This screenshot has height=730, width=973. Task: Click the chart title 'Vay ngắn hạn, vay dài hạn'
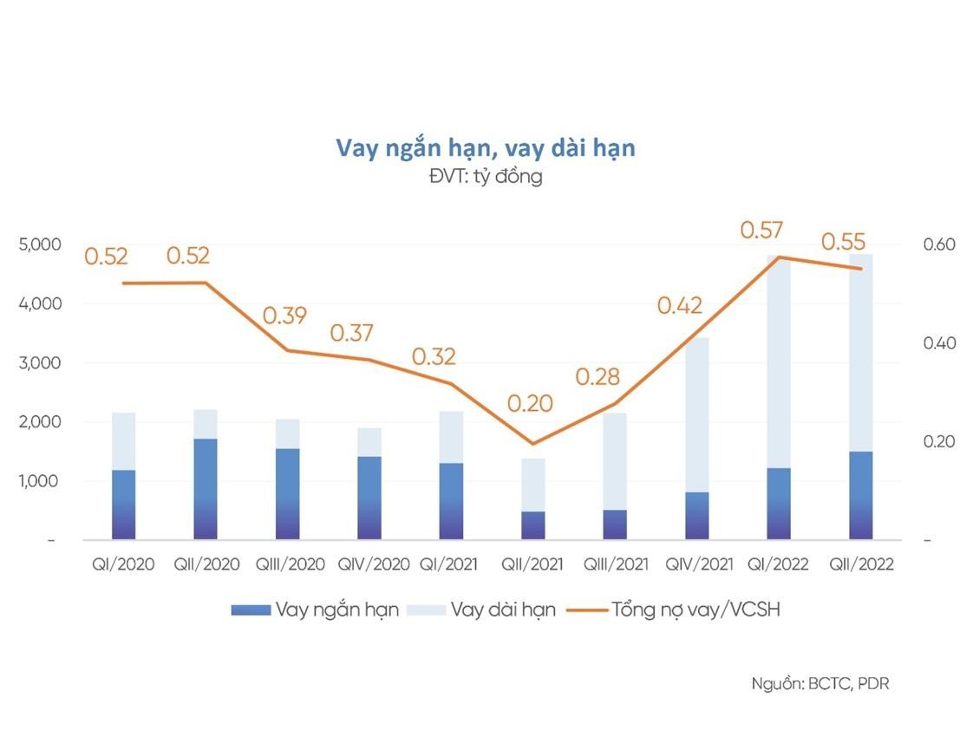click(486, 148)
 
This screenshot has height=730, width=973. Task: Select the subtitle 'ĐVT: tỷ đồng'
click(486, 177)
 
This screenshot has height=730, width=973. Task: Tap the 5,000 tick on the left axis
click(40, 244)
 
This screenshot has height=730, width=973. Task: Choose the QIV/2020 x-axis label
click(373, 564)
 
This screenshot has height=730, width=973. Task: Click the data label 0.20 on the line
click(530, 404)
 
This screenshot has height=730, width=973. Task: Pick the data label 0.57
click(761, 231)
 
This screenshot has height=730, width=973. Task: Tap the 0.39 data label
click(285, 316)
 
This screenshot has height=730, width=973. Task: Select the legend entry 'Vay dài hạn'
click(502, 609)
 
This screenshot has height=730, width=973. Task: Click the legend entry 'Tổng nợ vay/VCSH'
click(695, 609)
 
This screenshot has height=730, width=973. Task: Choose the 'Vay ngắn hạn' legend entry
click(336, 609)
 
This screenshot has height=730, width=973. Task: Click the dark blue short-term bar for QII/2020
click(206, 489)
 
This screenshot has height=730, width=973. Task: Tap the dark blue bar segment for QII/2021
click(533, 525)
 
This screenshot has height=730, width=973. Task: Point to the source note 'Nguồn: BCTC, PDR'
click(820, 683)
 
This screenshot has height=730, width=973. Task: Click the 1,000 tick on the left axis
click(40, 481)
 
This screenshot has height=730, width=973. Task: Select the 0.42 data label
click(679, 305)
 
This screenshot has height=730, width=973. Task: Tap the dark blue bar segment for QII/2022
click(860, 495)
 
